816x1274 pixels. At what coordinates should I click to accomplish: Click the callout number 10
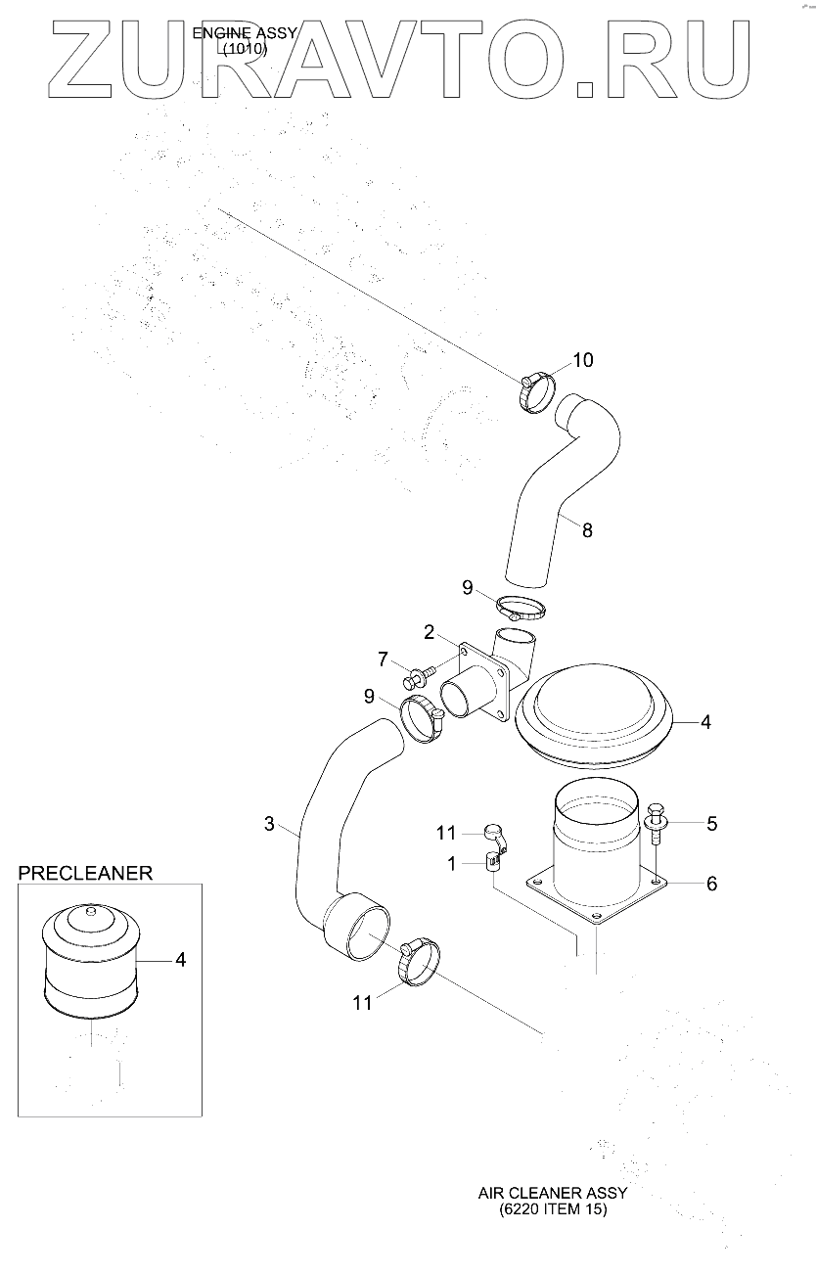click(582, 360)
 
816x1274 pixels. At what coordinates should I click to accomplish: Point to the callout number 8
click(587, 530)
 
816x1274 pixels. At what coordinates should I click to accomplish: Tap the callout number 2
click(429, 632)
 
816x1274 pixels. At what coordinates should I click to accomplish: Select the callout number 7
click(383, 658)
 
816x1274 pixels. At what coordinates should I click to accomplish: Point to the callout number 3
click(269, 824)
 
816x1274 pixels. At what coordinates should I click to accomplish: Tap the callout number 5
click(711, 824)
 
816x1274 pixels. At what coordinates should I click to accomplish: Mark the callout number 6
click(711, 884)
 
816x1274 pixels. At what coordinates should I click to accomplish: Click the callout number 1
click(451, 863)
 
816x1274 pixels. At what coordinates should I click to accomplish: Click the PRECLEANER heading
click(86, 873)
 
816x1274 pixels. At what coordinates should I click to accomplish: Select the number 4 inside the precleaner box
click(180, 960)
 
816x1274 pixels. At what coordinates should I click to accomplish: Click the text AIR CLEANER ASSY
click(553, 1194)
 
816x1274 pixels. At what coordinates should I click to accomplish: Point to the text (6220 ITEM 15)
click(553, 1210)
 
